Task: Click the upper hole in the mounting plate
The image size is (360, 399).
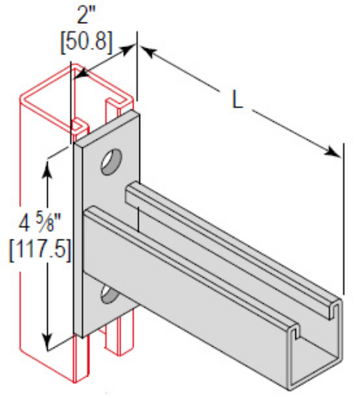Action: (110, 160)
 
